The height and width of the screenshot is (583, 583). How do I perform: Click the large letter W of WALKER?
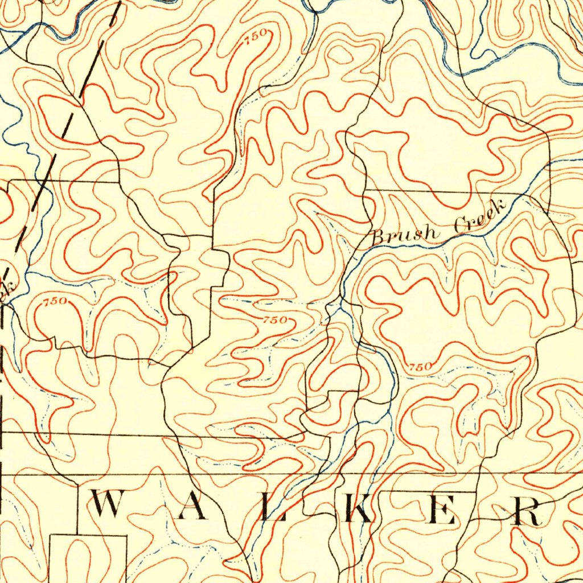[x=107, y=505]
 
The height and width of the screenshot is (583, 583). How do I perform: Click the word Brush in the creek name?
[x=406, y=233]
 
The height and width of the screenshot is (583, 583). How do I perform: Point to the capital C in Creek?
[x=461, y=227]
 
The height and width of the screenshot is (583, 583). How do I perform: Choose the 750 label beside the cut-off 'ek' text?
[x=56, y=301]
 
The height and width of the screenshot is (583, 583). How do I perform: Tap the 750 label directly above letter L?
[x=275, y=320]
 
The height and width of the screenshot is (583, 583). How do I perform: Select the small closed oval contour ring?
[x=340, y=54]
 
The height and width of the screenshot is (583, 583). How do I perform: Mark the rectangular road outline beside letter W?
[x=88, y=558]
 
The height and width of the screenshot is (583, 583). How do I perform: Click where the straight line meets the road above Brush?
[x=365, y=190]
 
